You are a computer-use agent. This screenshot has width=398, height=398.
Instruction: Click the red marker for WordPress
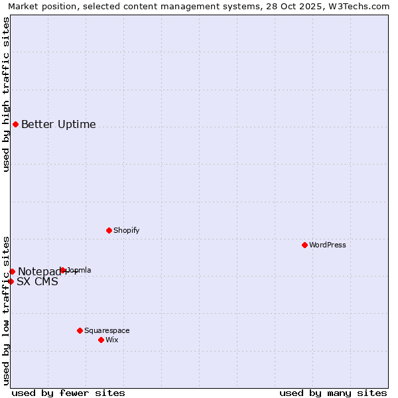(x=304, y=245)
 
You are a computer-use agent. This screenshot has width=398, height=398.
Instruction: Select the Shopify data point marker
(x=109, y=230)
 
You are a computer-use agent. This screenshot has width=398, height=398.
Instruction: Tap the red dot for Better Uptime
(x=15, y=124)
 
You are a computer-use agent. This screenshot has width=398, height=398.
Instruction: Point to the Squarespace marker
(x=80, y=330)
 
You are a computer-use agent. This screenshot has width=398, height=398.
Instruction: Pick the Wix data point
(x=101, y=340)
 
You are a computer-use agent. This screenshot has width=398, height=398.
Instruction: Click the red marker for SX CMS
(x=11, y=281)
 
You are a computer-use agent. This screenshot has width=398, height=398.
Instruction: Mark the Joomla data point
(x=62, y=270)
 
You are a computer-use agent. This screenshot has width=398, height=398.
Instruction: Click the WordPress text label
(x=328, y=245)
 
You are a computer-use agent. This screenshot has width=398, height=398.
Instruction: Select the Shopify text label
(x=126, y=230)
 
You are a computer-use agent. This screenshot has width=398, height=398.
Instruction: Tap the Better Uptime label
(x=58, y=124)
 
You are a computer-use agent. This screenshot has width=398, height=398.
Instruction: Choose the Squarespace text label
(x=107, y=330)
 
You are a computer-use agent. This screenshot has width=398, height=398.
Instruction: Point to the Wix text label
(x=111, y=340)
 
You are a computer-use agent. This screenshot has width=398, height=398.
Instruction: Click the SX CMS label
(x=37, y=281)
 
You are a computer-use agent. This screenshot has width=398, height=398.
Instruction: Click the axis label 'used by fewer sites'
(x=68, y=393)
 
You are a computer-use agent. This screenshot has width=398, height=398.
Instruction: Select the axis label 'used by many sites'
(x=333, y=393)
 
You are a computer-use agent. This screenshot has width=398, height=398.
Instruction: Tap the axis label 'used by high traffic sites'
(x=6, y=94)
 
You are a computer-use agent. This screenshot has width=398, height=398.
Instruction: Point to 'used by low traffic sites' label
(x=6, y=310)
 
